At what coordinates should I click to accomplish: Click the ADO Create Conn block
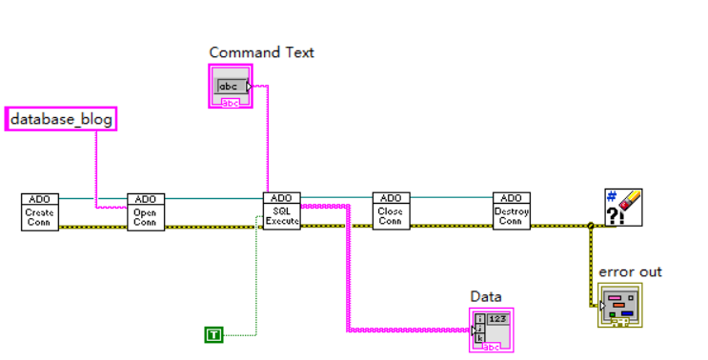[x=39, y=211]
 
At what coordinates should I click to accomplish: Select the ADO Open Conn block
[x=146, y=211]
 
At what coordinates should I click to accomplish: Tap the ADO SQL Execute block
[x=281, y=211]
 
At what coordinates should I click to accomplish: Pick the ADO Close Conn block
[x=391, y=211]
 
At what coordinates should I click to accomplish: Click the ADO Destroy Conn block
[x=511, y=211]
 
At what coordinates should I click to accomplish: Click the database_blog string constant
[x=61, y=119]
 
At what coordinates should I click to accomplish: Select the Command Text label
[x=261, y=52]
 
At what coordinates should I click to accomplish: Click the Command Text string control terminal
[x=231, y=86]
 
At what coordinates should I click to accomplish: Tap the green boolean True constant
[x=213, y=333]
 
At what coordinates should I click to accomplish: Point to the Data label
[x=486, y=296]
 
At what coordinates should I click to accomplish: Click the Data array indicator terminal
[x=492, y=329]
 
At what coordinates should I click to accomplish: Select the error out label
[x=630, y=271]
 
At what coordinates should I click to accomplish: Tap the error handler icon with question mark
[x=623, y=207]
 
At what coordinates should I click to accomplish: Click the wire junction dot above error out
[x=591, y=226]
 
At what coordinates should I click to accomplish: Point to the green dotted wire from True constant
[x=256, y=286]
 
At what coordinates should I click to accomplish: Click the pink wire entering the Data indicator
[x=410, y=330]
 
